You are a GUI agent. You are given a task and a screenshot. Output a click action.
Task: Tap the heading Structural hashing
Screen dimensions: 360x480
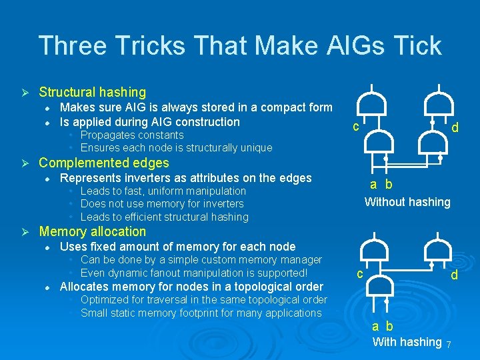92,93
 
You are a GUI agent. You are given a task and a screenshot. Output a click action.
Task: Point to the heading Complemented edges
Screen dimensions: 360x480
104,163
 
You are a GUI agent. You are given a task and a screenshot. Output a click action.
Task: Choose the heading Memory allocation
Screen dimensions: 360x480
92,232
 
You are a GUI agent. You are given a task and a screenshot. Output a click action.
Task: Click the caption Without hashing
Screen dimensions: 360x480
407,202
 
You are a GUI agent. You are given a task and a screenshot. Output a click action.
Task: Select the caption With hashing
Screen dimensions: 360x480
407,342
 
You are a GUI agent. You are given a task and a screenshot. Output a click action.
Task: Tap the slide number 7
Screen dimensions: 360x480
449,345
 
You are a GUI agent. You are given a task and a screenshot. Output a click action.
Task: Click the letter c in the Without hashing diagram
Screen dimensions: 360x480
357,126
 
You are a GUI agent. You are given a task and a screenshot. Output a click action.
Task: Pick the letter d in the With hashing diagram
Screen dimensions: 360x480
454,274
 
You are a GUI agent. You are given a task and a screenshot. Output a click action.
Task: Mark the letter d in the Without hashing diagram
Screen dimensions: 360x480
455,126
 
